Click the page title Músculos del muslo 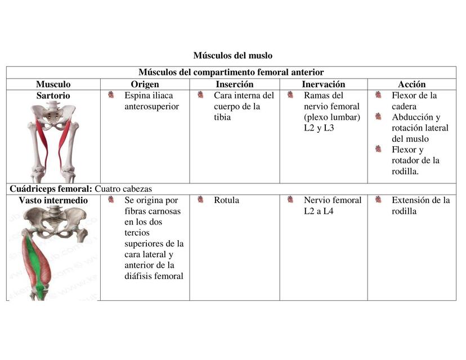(x=232, y=55)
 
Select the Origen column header (x=145, y=84)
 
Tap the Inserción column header (x=234, y=84)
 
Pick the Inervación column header (x=323, y=84)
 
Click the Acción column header (x=411, y=84)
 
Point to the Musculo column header (x=53, y=84)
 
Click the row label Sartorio (x=53, y=96)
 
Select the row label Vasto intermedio (x=53, y=200)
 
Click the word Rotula (x=226, y=200)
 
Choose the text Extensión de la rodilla (x=420, y=205)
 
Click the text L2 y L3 (x=319, y=128)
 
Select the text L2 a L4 (x=319, y=211)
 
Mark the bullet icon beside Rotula (x=200, y=200)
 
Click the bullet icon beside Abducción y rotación (x=378, y=117)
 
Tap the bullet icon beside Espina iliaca (x=111, y=95)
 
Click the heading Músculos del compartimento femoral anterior (x=231, y=72)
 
